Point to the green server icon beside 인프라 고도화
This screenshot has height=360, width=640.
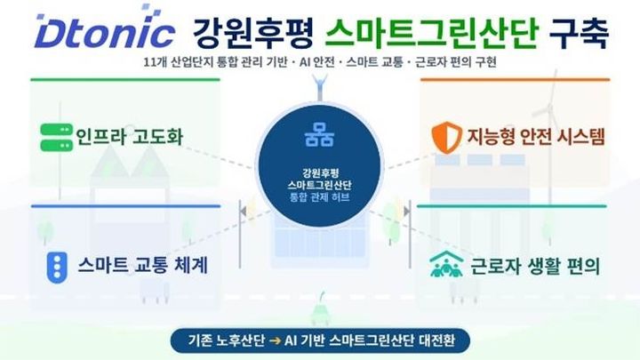[54, 139]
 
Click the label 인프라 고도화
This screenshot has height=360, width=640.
[132, 139]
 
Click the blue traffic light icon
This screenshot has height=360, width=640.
[56, 265]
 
